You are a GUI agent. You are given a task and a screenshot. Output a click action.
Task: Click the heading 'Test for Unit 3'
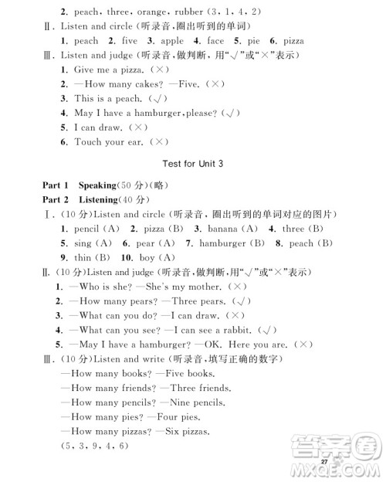pos(193,164)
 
